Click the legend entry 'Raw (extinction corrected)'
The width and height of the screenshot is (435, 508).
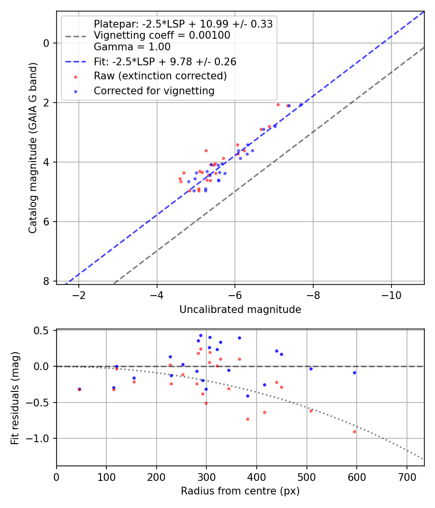tap(160, 76)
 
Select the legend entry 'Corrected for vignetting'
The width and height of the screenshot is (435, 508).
tap(154, 90)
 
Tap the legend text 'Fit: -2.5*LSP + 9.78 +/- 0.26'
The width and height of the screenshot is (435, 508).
tap(165, 62)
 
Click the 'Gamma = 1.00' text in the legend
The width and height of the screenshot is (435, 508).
tap(132, 47)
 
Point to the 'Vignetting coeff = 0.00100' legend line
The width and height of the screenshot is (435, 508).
tap(162, 35)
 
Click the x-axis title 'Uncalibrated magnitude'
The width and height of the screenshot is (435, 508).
tap(240, 310)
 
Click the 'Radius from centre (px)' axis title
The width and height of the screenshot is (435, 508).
tap(240, 491)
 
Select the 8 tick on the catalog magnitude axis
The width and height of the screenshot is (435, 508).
tap(47, 281)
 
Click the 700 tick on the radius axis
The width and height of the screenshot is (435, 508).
tap(406, 476)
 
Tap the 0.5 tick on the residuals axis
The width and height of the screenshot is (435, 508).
tap(43, 330)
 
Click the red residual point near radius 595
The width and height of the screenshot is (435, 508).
tap(354, 432)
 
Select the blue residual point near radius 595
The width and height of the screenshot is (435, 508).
tap(354, 373)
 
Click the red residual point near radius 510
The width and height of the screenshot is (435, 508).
tap(311, 411)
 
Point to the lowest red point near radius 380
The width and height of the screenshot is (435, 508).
tap(247, 419)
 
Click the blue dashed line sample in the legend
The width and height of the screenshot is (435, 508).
tap(75, 62)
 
